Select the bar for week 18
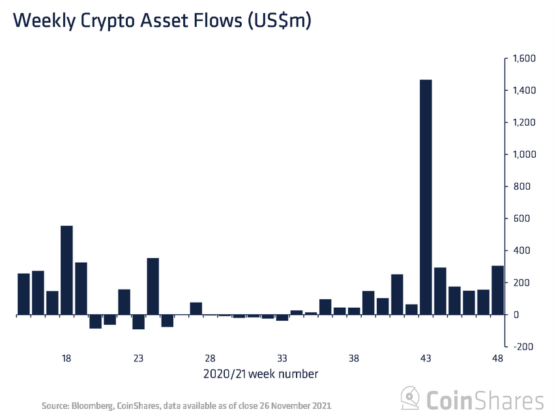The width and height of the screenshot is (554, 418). pos(66,270)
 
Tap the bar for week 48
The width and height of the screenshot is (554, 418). pos(497,290)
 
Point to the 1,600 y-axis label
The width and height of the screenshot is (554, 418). pos(524,59)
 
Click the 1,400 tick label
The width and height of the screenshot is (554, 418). pos(524,91)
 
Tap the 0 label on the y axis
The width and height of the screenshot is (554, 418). pos(514,315)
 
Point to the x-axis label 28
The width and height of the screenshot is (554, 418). pos(210,359)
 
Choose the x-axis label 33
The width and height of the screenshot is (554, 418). pos(282,359)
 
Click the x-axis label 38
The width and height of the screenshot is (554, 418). pos(354,359)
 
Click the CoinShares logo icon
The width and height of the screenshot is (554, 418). pos(410,398)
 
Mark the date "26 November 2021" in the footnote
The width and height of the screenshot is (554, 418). pos(295,406)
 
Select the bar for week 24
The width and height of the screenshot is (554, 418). pos(153,286)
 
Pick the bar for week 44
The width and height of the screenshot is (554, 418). pos(440,291)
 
